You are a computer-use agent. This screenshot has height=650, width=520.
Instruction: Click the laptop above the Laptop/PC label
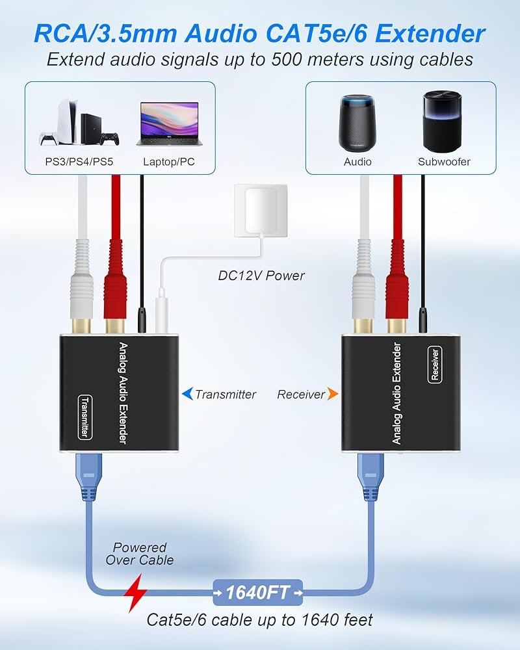170,123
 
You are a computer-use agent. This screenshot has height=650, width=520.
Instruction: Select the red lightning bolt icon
136,592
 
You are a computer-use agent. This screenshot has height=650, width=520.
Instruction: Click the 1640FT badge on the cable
258,592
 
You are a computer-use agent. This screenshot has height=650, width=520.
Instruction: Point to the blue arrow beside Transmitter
187,394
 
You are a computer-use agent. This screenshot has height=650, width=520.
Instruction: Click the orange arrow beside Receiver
332,394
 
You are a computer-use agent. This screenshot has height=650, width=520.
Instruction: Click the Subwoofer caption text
445,161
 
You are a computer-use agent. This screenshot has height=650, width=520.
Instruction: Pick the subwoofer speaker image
445,122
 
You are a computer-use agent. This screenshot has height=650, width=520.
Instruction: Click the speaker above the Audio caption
358,123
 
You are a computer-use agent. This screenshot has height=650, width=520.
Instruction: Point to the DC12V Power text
261,276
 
